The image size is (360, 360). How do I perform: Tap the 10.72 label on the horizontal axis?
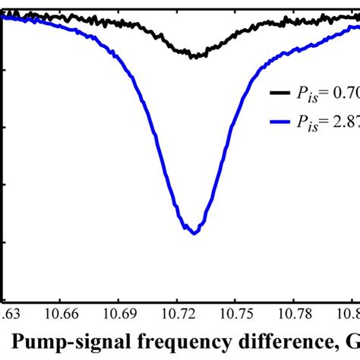[x=178, y=313]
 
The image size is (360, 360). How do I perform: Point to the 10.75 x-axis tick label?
[x=235, y=313]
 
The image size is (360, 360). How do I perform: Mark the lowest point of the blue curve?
[x=194, y=233]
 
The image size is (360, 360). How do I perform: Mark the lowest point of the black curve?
[x=194, y=57]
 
